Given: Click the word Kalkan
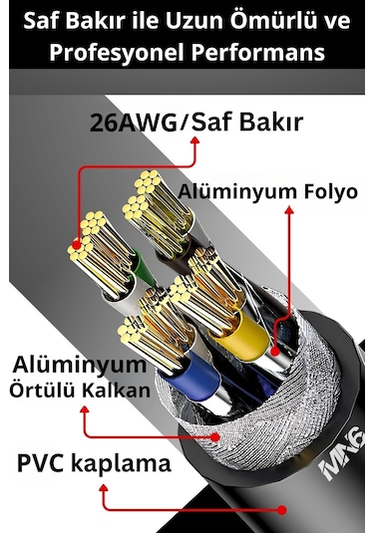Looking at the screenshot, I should point(116,390).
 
